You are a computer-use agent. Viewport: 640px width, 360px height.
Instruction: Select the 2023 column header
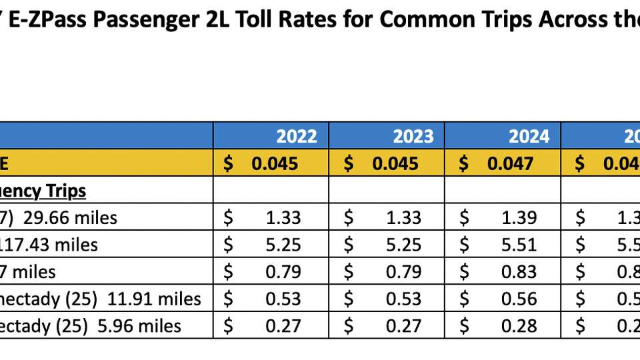[x=413, y=136]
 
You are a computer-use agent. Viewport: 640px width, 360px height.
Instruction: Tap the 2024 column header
[x=529, y=136]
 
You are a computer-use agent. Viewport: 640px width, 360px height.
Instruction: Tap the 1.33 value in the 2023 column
[x=403, y=217]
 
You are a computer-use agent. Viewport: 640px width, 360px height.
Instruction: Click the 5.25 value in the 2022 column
[x=283, y=245]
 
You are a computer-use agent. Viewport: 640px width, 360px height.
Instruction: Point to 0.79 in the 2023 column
[x=403, y=271]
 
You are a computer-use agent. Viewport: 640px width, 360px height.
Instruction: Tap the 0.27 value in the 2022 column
[x=283, y=325]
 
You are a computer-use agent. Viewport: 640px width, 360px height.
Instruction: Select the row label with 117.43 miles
[x=49, y=245]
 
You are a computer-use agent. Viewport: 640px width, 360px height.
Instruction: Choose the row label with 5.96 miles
[x=91, y=325]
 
